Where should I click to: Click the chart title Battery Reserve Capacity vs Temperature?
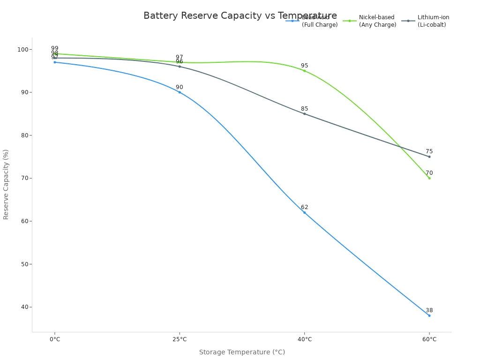(x=240, y=16)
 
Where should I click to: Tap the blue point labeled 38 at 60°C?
(x=429, y=315)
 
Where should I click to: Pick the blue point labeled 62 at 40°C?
(x=304, y=212)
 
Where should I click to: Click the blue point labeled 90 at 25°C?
(x=180, y=92)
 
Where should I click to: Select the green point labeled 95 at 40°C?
(x=304, y=71)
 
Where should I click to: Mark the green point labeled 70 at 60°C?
(x=429, y=178)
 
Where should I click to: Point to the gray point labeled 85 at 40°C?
(x=304, y=113)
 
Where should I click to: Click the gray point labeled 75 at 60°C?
(x=429, y=157)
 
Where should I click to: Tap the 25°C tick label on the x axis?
(x=180, y=339)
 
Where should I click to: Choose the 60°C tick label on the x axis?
(x=429, y=339)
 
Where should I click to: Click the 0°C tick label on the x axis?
(x=55, y=339)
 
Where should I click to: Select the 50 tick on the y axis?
(x=25, y=264)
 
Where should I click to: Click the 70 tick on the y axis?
(x=25, y=178)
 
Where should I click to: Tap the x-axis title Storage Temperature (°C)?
(x=242, y=352)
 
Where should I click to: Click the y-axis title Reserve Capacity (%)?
(x=6, y=184)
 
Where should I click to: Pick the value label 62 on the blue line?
(x=304, y=207)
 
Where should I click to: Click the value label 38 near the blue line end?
(x=429, y=310)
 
